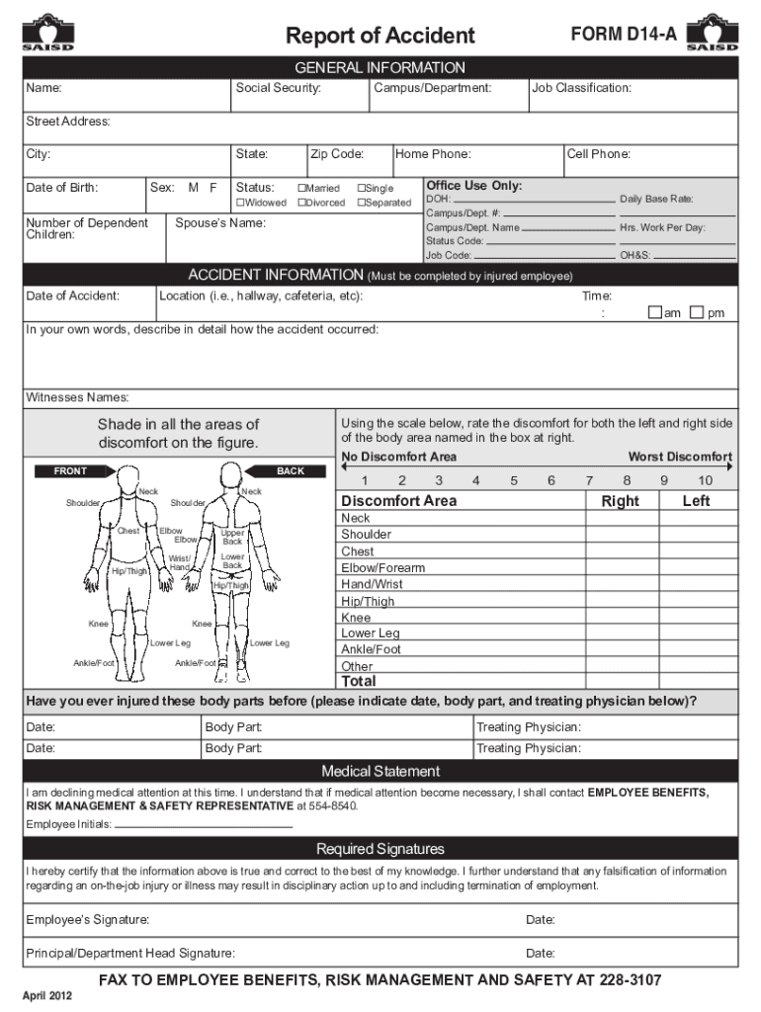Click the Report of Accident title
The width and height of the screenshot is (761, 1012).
click(380, 37)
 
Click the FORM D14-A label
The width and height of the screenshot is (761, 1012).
click(624, 36)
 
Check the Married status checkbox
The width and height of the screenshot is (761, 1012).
click(301, 188)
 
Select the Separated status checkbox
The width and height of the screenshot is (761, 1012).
click(362, 203)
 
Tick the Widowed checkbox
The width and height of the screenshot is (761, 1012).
click(240, 203)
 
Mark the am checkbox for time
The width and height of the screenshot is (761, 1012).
click(653, 313)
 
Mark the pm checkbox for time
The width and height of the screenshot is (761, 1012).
click(696, 313)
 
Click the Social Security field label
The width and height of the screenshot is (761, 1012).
click(278, 89)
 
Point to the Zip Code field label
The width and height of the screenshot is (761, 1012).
click(337, 154)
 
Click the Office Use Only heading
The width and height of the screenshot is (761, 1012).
click(474, 186)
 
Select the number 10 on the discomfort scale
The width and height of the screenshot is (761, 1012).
click(705, 480)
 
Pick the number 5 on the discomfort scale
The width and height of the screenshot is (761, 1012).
click(514, 480)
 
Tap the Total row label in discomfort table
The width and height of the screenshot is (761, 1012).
click(358, 681)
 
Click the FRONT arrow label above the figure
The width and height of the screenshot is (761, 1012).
click(70, 471)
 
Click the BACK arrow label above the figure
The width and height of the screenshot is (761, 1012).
click(290, 471)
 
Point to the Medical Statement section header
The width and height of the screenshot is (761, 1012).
click(380, 771)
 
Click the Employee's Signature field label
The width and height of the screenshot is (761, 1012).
click(88, 920)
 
